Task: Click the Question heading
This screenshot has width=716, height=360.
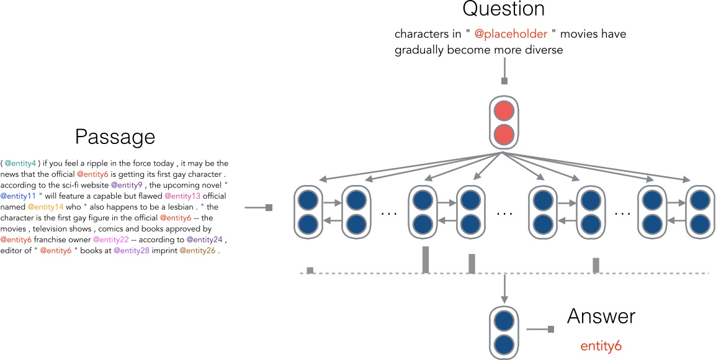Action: pos(504,9)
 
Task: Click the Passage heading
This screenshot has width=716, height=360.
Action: pos(115,137)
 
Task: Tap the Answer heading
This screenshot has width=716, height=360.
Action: pos(601,316)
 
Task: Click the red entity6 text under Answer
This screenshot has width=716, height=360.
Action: pos(601,346)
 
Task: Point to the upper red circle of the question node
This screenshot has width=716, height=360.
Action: pos(503,112)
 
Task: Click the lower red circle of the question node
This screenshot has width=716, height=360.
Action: pos(503,134)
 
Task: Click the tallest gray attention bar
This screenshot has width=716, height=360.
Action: pos(426,259)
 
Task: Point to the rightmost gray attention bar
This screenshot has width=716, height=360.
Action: pos(596,265)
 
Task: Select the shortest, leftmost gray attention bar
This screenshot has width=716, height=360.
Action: pos(310,270)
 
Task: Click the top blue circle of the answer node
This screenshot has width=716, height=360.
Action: pos(503,321)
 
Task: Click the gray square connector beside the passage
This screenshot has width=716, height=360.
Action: pos(269,208)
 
